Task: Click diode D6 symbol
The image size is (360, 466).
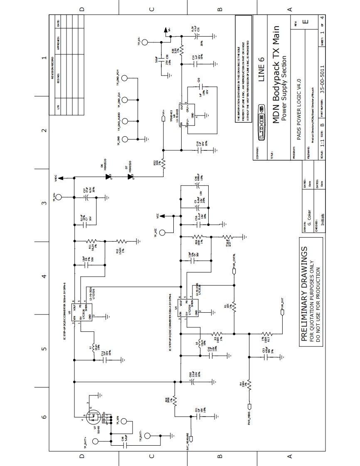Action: (109, 177)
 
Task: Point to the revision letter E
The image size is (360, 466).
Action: (306, 21)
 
